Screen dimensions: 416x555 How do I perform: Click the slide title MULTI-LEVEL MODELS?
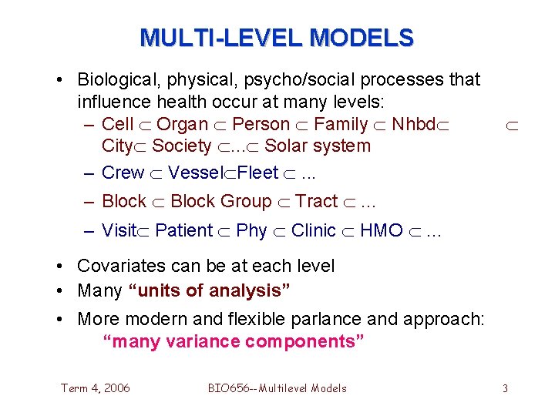[x=277, y=37]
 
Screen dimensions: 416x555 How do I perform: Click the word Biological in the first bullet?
[x=113, y=79]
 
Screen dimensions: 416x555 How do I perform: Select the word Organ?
[x=183, y=124]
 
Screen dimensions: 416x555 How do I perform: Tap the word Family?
[x=341, y=124]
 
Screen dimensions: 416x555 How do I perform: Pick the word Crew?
[x=123, y=173]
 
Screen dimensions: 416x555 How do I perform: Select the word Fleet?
[x=258, y=173]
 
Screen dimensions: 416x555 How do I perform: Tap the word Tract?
[x=317, y=201]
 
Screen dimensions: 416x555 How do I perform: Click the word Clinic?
[x=314, y=230]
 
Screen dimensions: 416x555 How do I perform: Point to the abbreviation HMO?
[x=382, y=230]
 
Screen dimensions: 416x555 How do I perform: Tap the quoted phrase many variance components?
[x=234, y=341]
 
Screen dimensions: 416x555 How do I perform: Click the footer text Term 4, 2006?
[x=96, y=387]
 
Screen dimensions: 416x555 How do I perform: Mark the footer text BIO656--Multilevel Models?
[x=277, y=387]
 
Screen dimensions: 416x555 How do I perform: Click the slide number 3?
[x=505, y=388]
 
